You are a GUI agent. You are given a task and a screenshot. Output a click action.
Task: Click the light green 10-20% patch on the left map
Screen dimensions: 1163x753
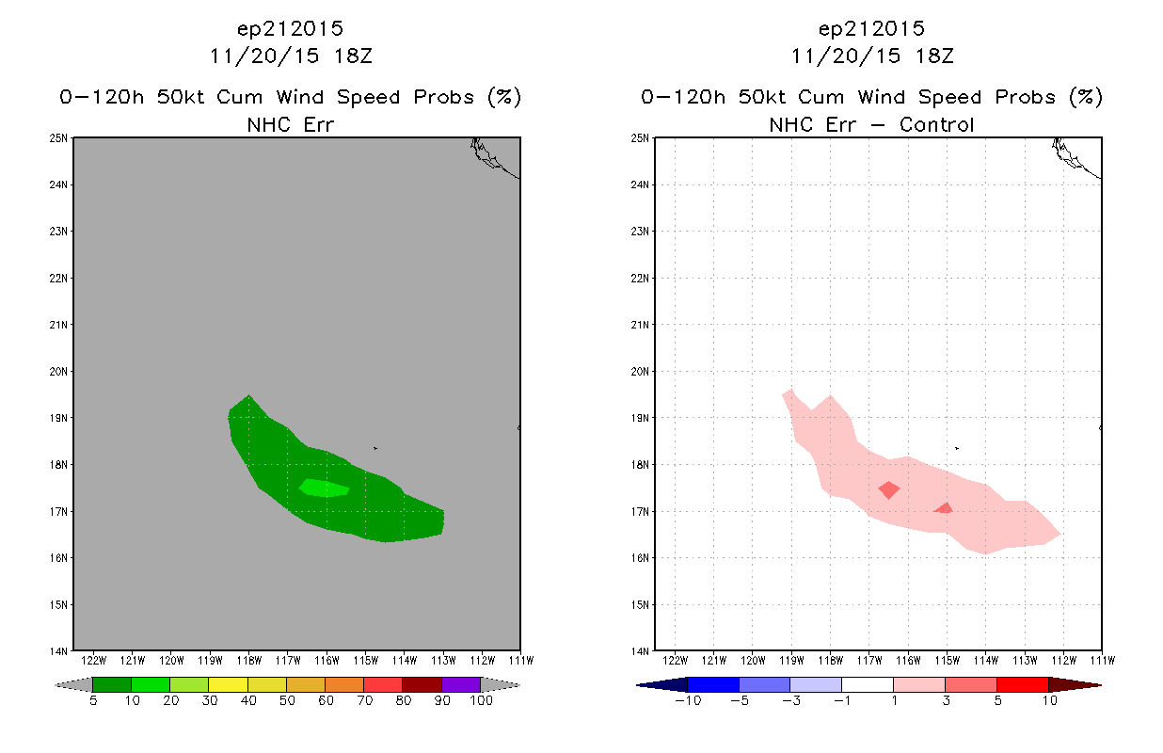pos(324,489)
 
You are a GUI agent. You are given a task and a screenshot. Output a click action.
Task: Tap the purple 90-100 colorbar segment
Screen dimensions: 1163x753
pos(461,684)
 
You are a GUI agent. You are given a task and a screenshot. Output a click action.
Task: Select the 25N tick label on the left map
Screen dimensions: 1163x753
pos(58,138)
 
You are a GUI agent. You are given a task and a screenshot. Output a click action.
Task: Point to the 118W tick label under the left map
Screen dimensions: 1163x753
pos(248,661)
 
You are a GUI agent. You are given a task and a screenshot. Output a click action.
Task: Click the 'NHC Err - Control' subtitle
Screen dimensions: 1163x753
pos(871,125)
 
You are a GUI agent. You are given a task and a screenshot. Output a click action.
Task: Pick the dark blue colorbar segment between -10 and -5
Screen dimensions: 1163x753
pos(713,684)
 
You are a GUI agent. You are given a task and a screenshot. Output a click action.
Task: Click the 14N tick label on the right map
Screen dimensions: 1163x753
pos(640,651)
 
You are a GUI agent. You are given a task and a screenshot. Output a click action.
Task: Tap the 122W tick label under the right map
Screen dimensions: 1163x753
pos(675,661)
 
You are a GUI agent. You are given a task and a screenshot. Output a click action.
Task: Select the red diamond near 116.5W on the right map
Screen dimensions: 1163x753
pos(889,489)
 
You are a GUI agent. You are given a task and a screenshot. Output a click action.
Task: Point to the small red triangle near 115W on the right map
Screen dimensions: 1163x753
pos(944,508)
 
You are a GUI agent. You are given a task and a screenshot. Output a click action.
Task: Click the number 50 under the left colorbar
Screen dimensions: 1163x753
pos(287,700)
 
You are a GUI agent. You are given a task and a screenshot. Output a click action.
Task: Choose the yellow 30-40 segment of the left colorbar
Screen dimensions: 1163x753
pos(229,684)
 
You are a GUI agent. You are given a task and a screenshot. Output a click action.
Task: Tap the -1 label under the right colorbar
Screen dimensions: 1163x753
pos(841,700)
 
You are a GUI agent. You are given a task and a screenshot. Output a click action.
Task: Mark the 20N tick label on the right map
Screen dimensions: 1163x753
pos(640,371)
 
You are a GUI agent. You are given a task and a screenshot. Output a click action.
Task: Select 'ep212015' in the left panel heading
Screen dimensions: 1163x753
pos(290,29)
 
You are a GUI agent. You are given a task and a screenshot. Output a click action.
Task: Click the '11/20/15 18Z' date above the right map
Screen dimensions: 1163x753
pos(872,56)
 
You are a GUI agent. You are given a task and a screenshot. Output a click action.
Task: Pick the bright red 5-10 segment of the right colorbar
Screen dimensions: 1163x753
pos(1023,684)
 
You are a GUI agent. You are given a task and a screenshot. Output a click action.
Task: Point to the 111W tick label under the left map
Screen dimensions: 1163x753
pos(521,661)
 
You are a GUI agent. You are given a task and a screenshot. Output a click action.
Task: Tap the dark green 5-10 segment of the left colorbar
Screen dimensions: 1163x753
pos(112,684)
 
